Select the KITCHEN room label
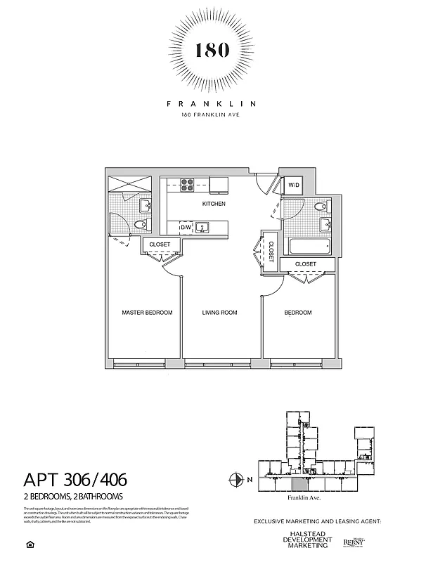(214, 204)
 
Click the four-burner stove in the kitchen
(188, 185)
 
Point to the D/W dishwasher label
(186, 228)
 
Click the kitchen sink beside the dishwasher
(203, 228)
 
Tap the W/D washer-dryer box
(292, 185)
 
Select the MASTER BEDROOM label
(147, 313)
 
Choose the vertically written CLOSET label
(271, 250)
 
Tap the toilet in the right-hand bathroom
(321, 207)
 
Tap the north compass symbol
(235, 481)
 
